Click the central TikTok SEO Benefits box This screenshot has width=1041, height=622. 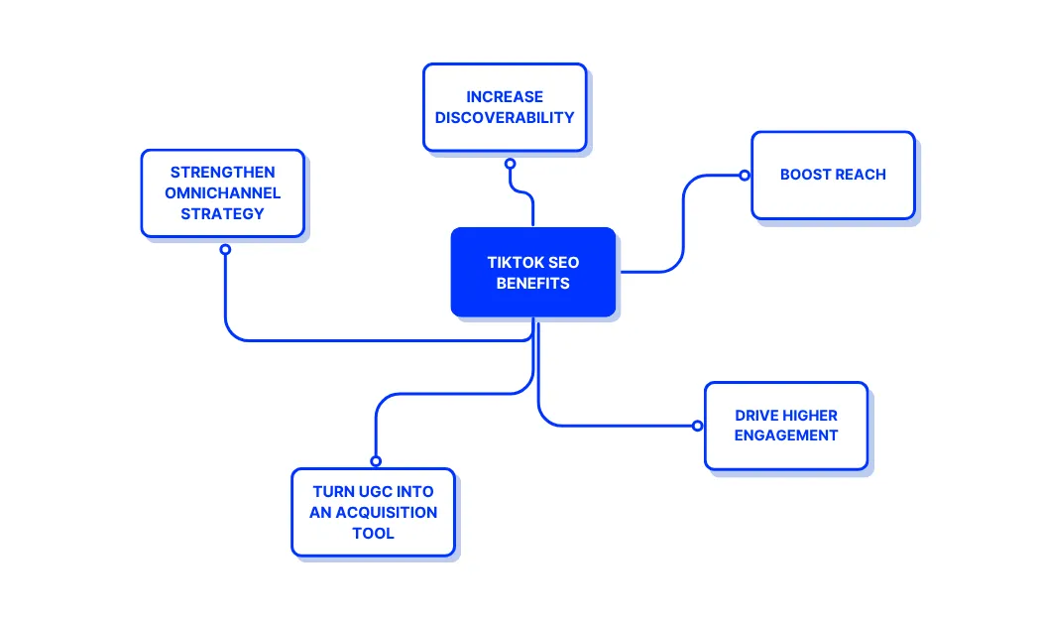[x=533, y=273]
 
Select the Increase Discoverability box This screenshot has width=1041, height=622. [x=505, y=107]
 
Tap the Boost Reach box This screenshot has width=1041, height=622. [x=833, y=175]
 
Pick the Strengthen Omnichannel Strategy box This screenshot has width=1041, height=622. [x=222, y=192]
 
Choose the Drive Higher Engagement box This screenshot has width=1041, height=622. [x=785, y=425]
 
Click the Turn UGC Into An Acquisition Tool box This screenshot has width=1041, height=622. [x=373, y=512]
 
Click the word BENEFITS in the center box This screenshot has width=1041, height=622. [x=533, y=284]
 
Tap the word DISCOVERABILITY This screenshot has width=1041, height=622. [x=505, y=117]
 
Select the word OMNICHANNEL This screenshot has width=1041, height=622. [x=223, y=192]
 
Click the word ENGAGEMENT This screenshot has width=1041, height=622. [x=786, y=435]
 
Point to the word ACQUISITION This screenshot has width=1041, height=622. [x=387, y=512]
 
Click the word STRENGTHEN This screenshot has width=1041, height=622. [x=223, y=173]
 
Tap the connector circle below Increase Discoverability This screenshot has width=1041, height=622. [x=510, y=163]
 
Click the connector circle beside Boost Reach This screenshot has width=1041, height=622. [x=744, y=176]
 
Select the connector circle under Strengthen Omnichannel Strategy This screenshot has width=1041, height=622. [x=225, y=249]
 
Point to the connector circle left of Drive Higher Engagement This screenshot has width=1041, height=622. [x=697, y=426]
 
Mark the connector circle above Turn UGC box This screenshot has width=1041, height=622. [x=376, y=460]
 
